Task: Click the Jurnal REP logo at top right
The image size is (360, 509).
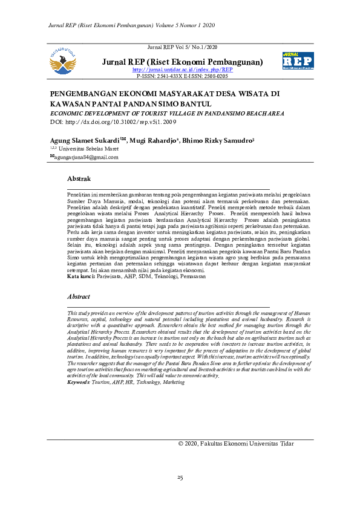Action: (297, 62)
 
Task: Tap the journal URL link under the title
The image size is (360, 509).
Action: (182, 70)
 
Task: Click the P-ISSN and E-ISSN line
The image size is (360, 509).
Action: (182, 77)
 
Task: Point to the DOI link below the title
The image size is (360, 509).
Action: (116, 121)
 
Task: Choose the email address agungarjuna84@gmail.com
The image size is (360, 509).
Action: (87, 157)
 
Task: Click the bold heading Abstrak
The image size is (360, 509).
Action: (79, 179)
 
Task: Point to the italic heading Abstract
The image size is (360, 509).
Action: (79, 297)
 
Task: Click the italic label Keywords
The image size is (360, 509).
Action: (78, 382)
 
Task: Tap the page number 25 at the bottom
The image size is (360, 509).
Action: (180, 478)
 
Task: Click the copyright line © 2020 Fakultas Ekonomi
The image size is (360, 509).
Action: (236, 444)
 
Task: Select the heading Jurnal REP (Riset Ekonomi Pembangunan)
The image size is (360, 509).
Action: (182, 62)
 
